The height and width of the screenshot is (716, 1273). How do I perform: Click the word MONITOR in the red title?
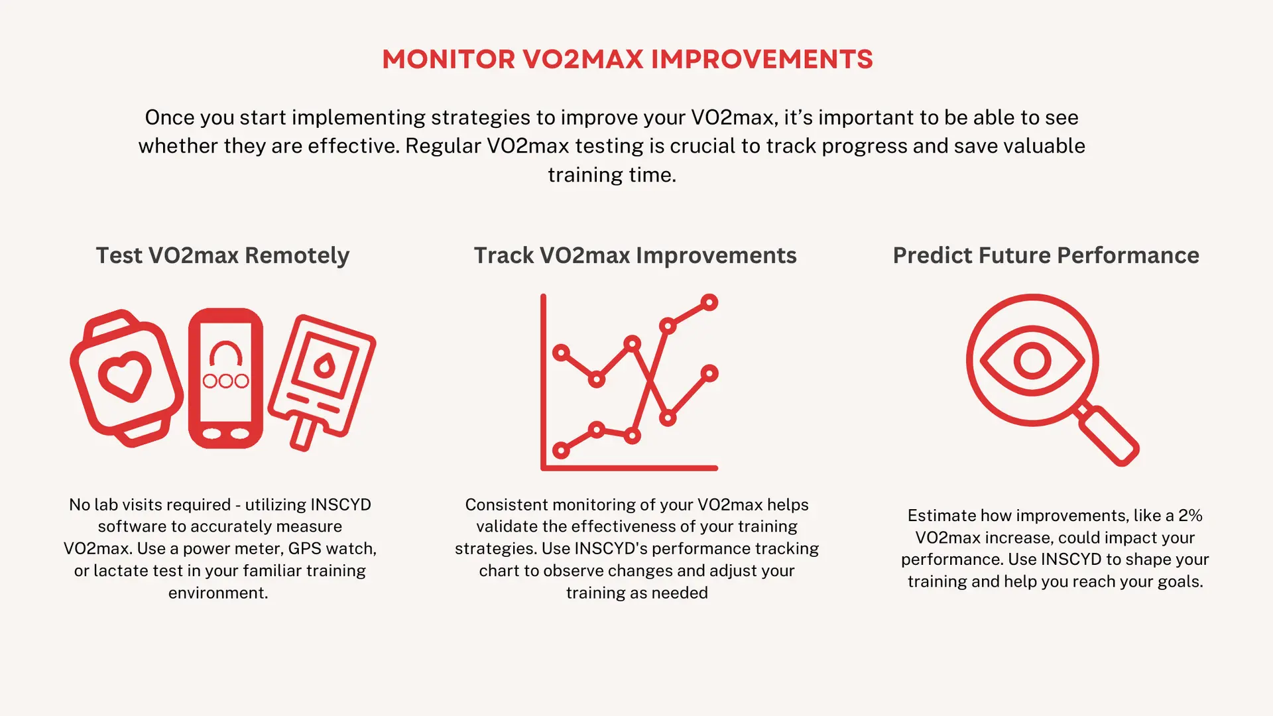[448, 60]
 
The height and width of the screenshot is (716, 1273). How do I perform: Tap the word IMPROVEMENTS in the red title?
[762, 60]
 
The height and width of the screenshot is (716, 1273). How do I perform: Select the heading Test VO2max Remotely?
[223, 256]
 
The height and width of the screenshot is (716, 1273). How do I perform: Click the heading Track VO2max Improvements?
[635, 256]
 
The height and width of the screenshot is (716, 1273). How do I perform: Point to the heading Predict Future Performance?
[1046, 256]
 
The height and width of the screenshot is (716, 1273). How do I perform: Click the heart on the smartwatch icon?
[125, 376]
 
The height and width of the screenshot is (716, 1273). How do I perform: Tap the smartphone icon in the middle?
[225, 378]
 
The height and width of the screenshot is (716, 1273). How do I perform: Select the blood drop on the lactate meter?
[324, 365]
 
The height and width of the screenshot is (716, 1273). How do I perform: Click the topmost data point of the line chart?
[709, 302]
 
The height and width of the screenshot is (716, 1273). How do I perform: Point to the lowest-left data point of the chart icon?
[561, 451]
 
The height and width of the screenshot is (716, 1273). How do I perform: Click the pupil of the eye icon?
[1032, 361]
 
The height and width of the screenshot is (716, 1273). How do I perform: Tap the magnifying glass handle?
[1108, 435]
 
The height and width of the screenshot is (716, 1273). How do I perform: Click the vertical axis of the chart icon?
[544, 382]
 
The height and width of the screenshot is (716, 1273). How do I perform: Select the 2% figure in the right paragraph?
[1190, 516]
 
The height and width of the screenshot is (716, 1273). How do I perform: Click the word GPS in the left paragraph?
[304, 549]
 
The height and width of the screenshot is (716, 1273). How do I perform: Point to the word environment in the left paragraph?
[216, 593]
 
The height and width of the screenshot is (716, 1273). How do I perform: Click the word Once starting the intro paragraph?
[170, 117]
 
